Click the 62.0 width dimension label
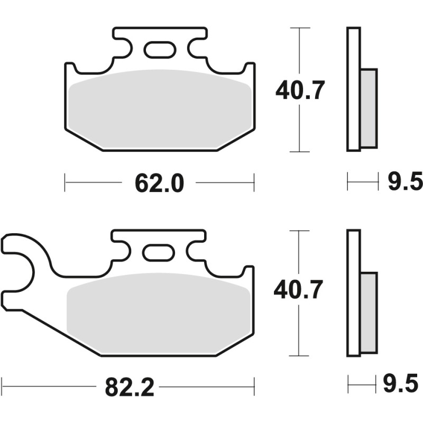tap(159, 183)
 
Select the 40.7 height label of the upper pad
tap(299, 91)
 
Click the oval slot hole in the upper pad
tap(159, 50)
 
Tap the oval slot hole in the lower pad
tap(159, 253)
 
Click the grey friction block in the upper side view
tap(369, 108)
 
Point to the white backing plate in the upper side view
tap(353, 89)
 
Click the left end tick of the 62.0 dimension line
tap(65, 183)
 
